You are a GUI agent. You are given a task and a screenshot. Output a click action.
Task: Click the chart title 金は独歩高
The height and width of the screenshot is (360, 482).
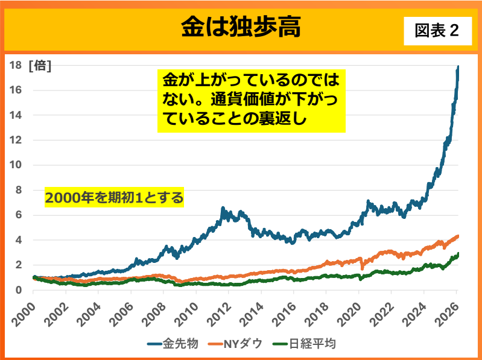[x=241, y=27]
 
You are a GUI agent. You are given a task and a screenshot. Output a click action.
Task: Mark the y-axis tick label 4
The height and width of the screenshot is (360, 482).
[x=19, y=240]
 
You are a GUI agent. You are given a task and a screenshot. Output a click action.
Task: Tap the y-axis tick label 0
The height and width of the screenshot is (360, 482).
[x=19, y=290]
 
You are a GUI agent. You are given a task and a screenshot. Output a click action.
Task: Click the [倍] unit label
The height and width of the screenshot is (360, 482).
[x=40, y=65]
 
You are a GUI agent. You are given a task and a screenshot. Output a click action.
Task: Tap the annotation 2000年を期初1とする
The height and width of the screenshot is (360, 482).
[x=114, y=198]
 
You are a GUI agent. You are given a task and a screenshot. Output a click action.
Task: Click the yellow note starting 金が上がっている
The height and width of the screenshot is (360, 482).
[x=251, y=99]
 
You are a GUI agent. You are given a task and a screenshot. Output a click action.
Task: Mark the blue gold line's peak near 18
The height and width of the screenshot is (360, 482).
[x=458, y=66]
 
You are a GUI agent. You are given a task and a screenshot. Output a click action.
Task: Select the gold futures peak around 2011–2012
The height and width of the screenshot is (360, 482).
[x=223, y=208]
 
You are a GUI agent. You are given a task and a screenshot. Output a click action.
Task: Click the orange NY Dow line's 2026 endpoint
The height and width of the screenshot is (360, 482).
[x=458, y=236]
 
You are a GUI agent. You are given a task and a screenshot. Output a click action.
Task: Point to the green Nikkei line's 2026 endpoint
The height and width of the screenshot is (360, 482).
[x=458, y=254]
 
